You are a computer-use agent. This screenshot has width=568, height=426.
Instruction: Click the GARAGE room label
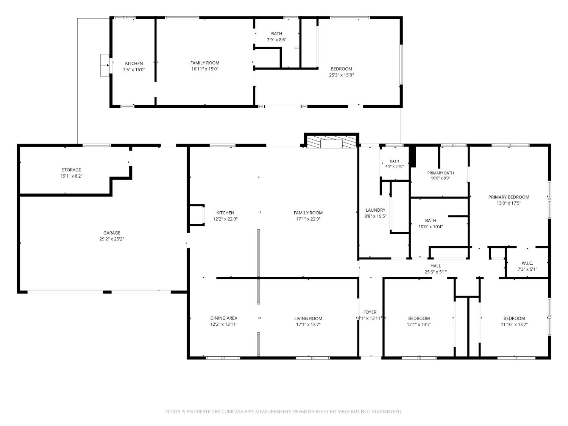[x=112, y=233]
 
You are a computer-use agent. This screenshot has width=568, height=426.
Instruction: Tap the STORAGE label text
[x=71, y=170]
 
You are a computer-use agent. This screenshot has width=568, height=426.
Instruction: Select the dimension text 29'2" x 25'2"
[x=112, y=239]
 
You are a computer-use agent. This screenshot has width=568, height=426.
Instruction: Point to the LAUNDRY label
[x=375, y=210]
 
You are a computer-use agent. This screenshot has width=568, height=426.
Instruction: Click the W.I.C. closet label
[x=527, y=263]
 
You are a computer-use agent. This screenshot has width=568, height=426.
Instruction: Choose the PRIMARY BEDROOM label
[x=509, y=197]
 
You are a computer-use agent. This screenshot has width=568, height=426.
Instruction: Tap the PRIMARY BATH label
[x=440, y=173]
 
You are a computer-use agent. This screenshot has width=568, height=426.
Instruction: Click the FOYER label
[x=370, y=312]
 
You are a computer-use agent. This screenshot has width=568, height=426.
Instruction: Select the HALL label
[x=435, y=266]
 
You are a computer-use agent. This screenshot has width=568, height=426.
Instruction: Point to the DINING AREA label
[x=223, y=318]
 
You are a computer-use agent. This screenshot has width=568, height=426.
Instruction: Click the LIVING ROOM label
[x=308, y=318]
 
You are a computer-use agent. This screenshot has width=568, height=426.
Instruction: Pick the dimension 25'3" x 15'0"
[x=341, y=75]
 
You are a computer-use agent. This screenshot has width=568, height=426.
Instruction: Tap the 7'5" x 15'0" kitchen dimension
[x=134, y=70]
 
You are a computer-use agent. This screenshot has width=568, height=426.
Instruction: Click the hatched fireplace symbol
[x=331, y=142]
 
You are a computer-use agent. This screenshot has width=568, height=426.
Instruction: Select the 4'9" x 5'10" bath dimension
[x=394, y=166]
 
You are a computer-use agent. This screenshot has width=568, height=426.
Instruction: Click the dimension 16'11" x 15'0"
[x=205, y=69]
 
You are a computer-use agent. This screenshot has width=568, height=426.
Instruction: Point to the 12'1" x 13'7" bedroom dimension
[x=419, y=325]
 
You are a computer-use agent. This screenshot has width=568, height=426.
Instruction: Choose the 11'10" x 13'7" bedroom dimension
[x=514, y=325]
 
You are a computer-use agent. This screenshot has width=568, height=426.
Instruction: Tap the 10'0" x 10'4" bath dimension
[x=431, y=226]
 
